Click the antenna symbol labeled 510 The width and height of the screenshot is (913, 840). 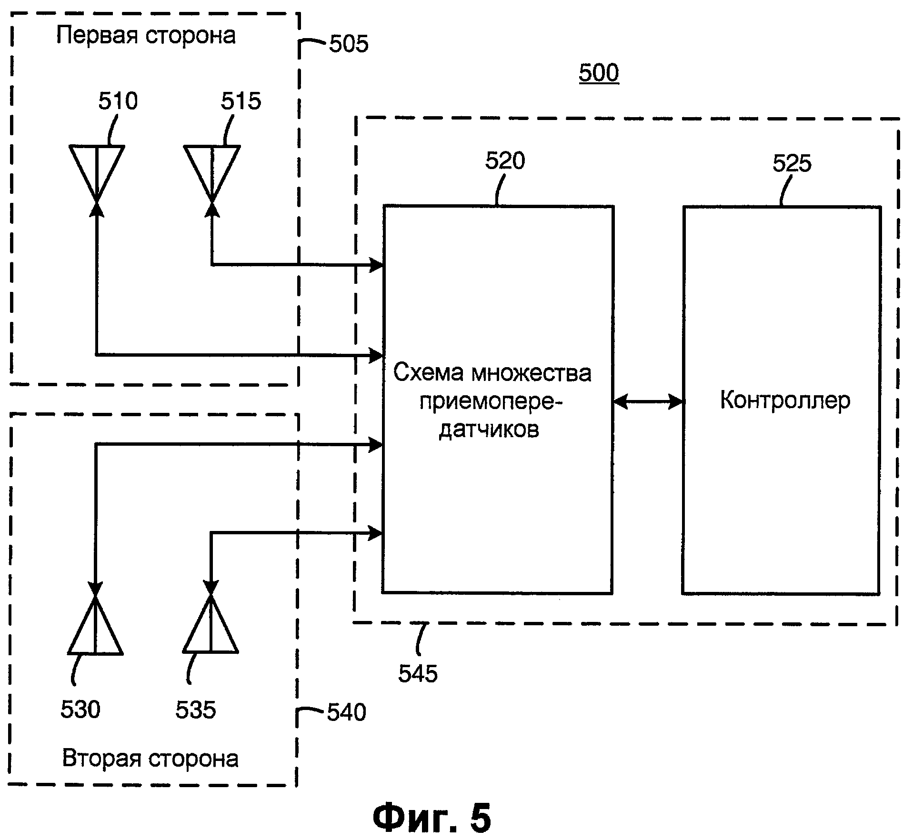(97, 169)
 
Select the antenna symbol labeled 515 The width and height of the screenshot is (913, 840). (212, 169)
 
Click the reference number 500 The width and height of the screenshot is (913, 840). (599, 73)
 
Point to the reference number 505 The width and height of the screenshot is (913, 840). (349, 44)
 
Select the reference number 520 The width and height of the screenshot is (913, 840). (505, 161)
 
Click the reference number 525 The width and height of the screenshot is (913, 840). (792, 163)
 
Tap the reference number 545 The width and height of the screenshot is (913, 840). (418, 673)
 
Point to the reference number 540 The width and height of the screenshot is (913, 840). (346, 712)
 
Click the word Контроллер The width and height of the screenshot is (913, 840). (785, 400)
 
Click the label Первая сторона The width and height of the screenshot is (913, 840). (146, 36)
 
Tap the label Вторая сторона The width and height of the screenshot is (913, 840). (150, 759)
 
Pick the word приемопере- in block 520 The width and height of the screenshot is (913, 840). (491, 401)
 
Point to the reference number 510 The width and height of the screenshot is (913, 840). (118, 101)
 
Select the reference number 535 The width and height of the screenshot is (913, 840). (195, 710)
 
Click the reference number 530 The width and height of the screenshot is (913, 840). (80, 710)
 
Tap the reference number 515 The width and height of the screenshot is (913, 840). (241, 101)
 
